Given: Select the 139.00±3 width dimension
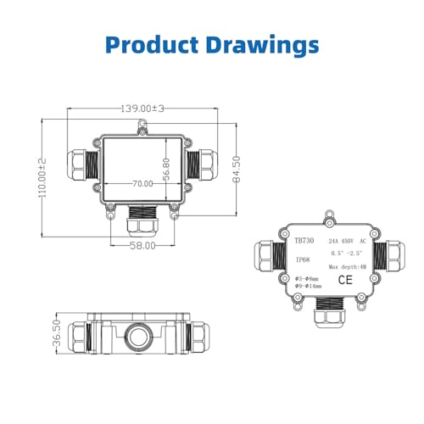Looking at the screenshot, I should [x=141, y=109].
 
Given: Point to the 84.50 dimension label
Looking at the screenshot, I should [x=239, y=168].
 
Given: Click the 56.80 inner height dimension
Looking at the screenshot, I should [x=166, y=170].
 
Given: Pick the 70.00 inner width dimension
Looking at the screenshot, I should [x=142, y=183].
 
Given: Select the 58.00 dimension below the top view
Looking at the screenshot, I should [x=142, y=246].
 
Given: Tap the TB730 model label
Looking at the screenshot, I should [x=303, y=240].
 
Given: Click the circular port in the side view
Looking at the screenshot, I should [x=141, y=332].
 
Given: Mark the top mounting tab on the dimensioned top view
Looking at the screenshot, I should [x=141, y=126].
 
